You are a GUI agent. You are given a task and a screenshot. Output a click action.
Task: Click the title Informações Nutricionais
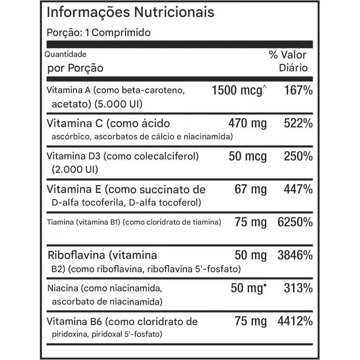131,12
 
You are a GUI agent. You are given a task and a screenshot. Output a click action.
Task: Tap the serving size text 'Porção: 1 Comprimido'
99,33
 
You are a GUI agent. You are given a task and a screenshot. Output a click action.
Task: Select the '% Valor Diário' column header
288,61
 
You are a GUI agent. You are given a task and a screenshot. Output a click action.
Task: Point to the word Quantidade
66,54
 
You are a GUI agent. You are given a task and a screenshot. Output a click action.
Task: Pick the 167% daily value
298,90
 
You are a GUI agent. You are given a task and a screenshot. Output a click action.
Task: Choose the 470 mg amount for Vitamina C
248,123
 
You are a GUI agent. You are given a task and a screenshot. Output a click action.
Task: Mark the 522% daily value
298,123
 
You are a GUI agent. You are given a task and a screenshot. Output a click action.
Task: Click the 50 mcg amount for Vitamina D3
248,157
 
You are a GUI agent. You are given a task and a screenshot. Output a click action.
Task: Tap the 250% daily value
298,157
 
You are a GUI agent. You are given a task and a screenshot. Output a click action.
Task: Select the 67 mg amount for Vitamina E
251,189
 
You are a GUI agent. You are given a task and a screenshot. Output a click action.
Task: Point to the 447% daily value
298,189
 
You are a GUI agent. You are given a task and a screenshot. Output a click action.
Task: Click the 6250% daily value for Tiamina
295,222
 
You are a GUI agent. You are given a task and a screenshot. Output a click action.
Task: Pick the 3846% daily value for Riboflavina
295,255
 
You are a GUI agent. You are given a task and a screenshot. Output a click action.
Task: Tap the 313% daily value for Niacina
298,288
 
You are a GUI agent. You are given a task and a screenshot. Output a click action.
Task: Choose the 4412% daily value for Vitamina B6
295,321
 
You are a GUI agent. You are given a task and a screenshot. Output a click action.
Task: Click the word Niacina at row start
63,288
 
